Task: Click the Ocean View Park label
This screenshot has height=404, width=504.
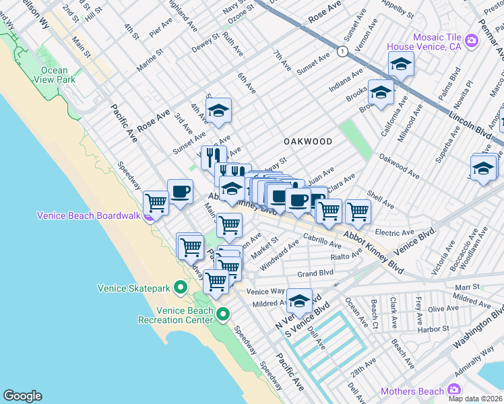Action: click(54, 75)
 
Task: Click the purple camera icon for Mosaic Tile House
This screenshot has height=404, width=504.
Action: click(470, 41)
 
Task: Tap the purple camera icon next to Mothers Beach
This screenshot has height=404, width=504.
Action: click(454, 391)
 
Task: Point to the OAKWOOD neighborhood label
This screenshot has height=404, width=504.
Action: click(308, 141)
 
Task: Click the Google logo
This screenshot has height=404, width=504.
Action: click(22, 396)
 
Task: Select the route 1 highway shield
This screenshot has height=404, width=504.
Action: click(343, 51)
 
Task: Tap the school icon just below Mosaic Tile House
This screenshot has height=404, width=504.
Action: click(401, 65)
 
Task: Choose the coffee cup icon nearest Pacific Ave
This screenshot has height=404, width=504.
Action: click(180, 191)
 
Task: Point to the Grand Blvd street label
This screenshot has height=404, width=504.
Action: click(316, 274)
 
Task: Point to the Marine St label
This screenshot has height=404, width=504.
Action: click(150, 59)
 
